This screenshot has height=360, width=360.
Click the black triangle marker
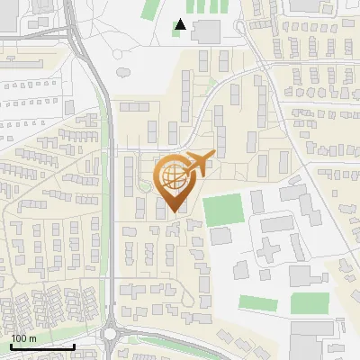(x=182, y=25)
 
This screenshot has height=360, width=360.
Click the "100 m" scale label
(x=23, y=338)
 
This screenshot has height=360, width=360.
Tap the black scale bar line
(x=42, y=346)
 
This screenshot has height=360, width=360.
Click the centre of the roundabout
(x=111, y=335)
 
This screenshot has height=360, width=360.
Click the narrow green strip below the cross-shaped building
(x=257, y=301)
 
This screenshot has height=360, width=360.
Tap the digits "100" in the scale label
(x=19, y=338)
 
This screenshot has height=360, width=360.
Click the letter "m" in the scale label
(x=32, y=338)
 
